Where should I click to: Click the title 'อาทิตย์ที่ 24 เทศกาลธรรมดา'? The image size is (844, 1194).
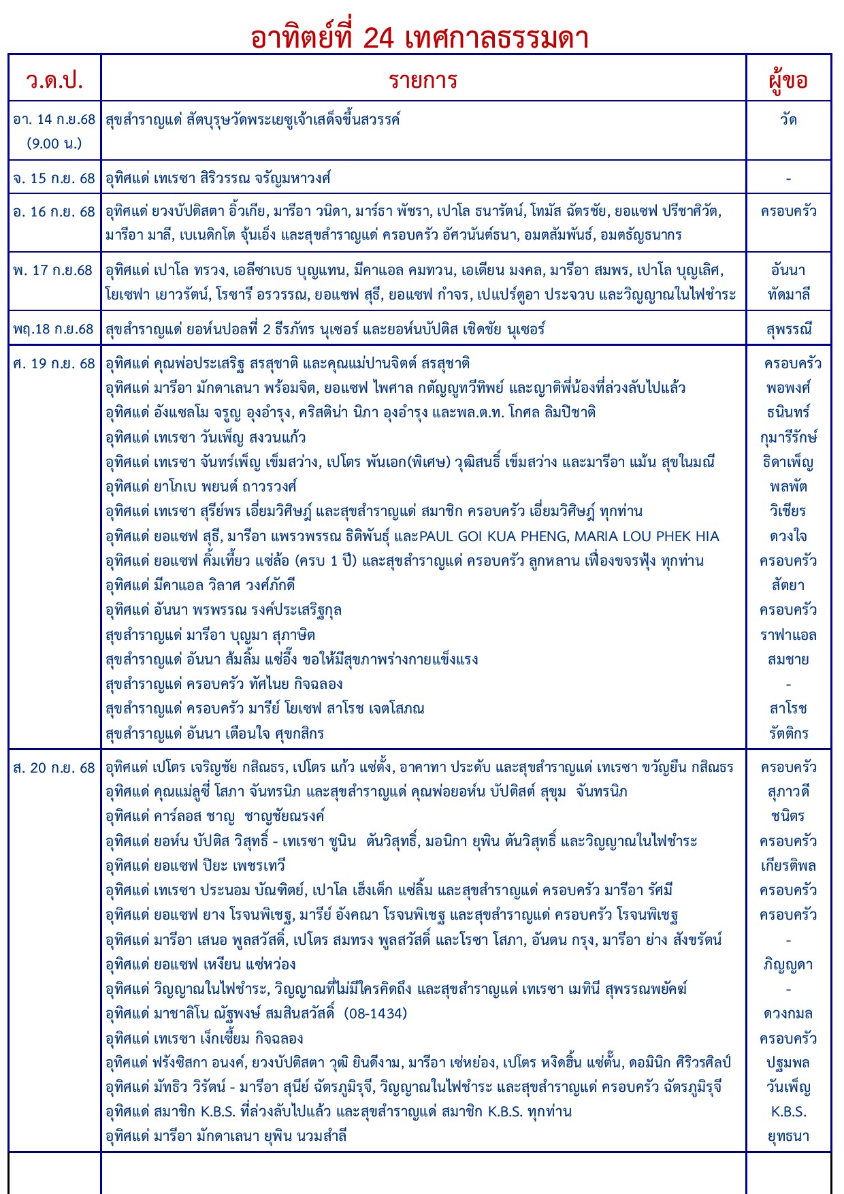tap(419, 37)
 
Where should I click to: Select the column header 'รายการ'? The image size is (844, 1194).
tap(423, 80)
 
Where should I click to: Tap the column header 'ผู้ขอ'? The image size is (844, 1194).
tap(788, 80)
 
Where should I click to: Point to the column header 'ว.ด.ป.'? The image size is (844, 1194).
tap(54, 80)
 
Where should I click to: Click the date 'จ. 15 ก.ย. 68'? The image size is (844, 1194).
tap(54, 178)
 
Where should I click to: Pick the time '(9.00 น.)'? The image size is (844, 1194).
tap(54, 144)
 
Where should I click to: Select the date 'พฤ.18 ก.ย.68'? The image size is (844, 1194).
tap(54, 329)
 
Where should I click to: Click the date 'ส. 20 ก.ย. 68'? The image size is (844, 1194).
tap(54, 768)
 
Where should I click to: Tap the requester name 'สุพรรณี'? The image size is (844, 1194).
tap(788, 329)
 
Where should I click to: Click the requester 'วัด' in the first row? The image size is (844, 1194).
tap(788, 120)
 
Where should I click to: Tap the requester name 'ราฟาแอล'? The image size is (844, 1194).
tap(788, 635)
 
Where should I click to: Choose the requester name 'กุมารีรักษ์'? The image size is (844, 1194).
tap(788, 438)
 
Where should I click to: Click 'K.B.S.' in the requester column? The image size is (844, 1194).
tap(788, 1112)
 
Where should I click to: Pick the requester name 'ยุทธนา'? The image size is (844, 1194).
tap(788, 1136)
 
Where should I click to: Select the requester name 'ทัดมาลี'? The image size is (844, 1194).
tap(788, 295)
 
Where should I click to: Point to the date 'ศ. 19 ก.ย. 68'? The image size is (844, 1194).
tap(54, 364)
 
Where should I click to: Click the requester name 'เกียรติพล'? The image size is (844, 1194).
tap(788, 866)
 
